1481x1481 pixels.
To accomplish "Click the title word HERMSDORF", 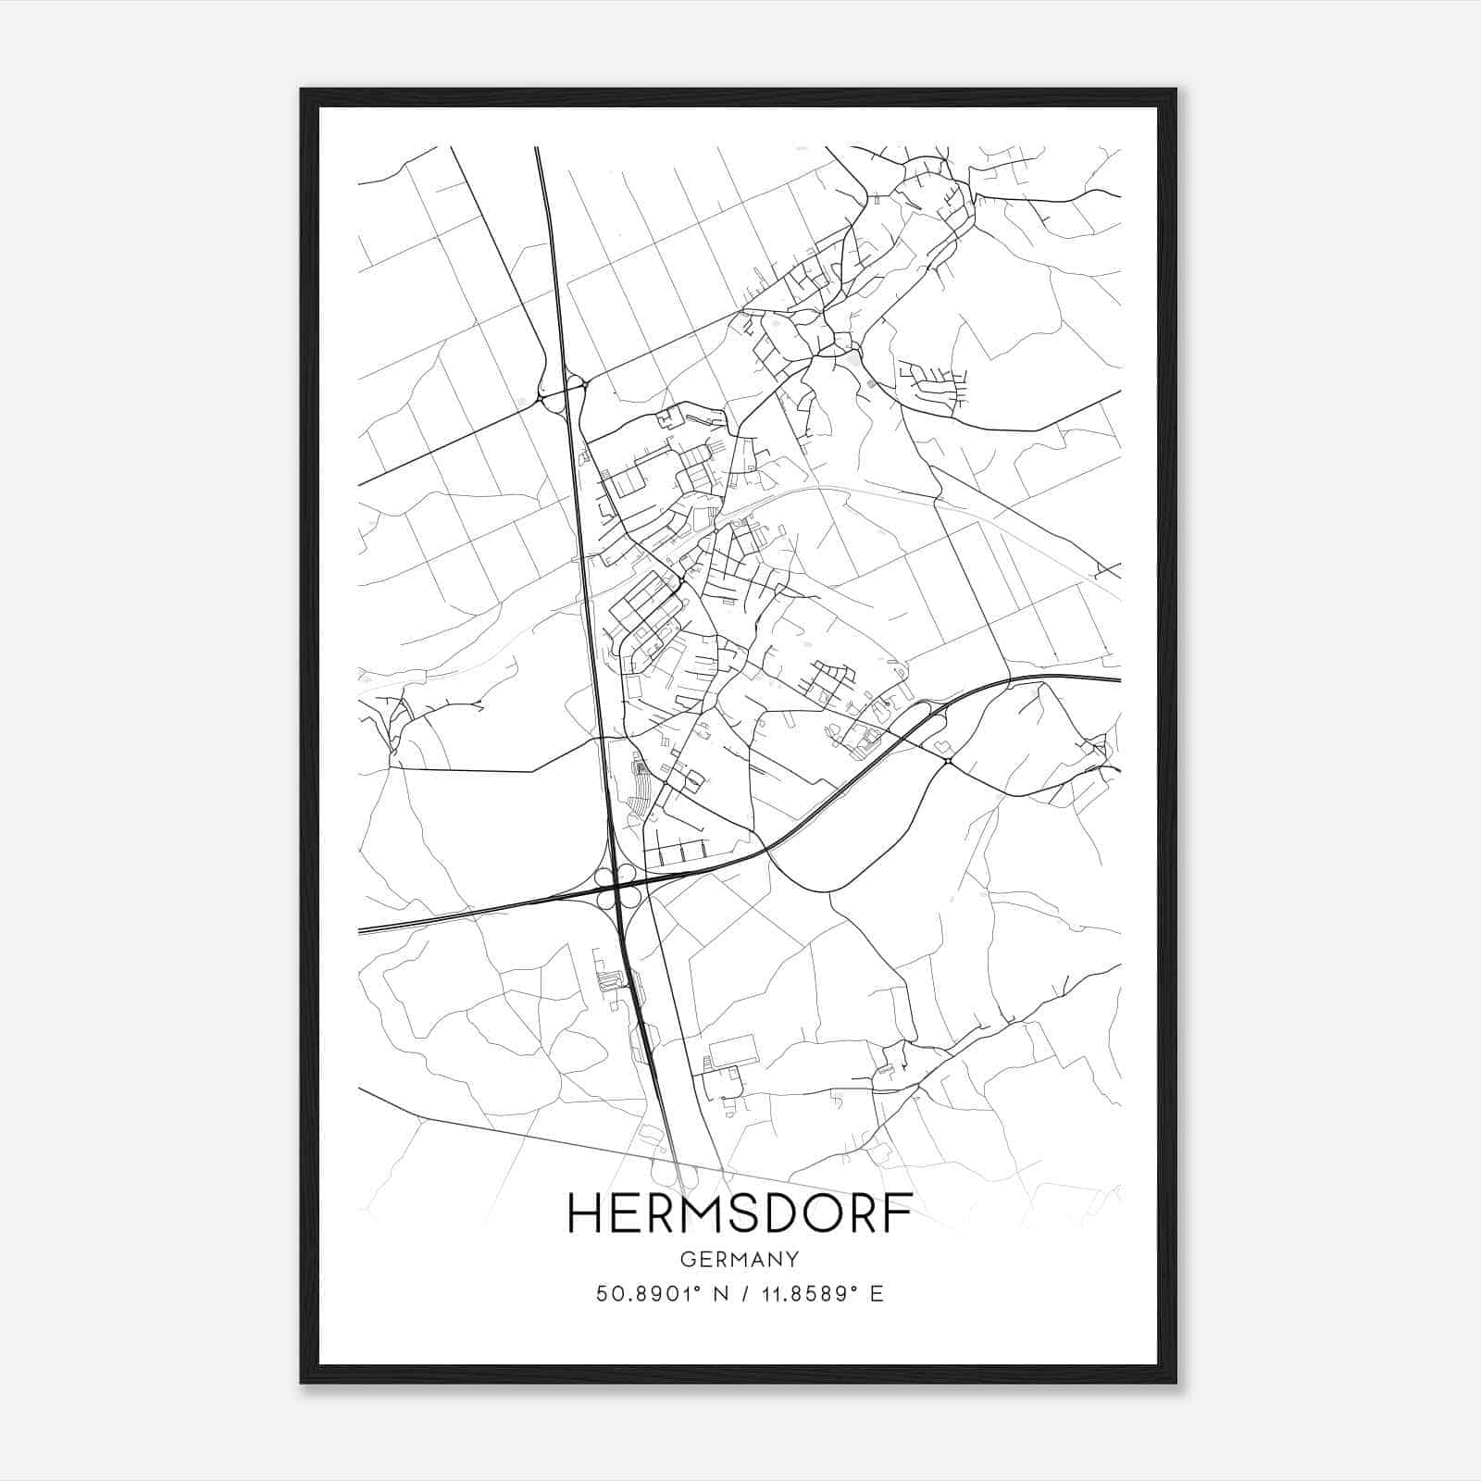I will (x=740, y=1213).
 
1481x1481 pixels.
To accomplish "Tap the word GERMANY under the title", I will (x=740, y=1259).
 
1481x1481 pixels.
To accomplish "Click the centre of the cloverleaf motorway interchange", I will (x=616, y=885).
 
